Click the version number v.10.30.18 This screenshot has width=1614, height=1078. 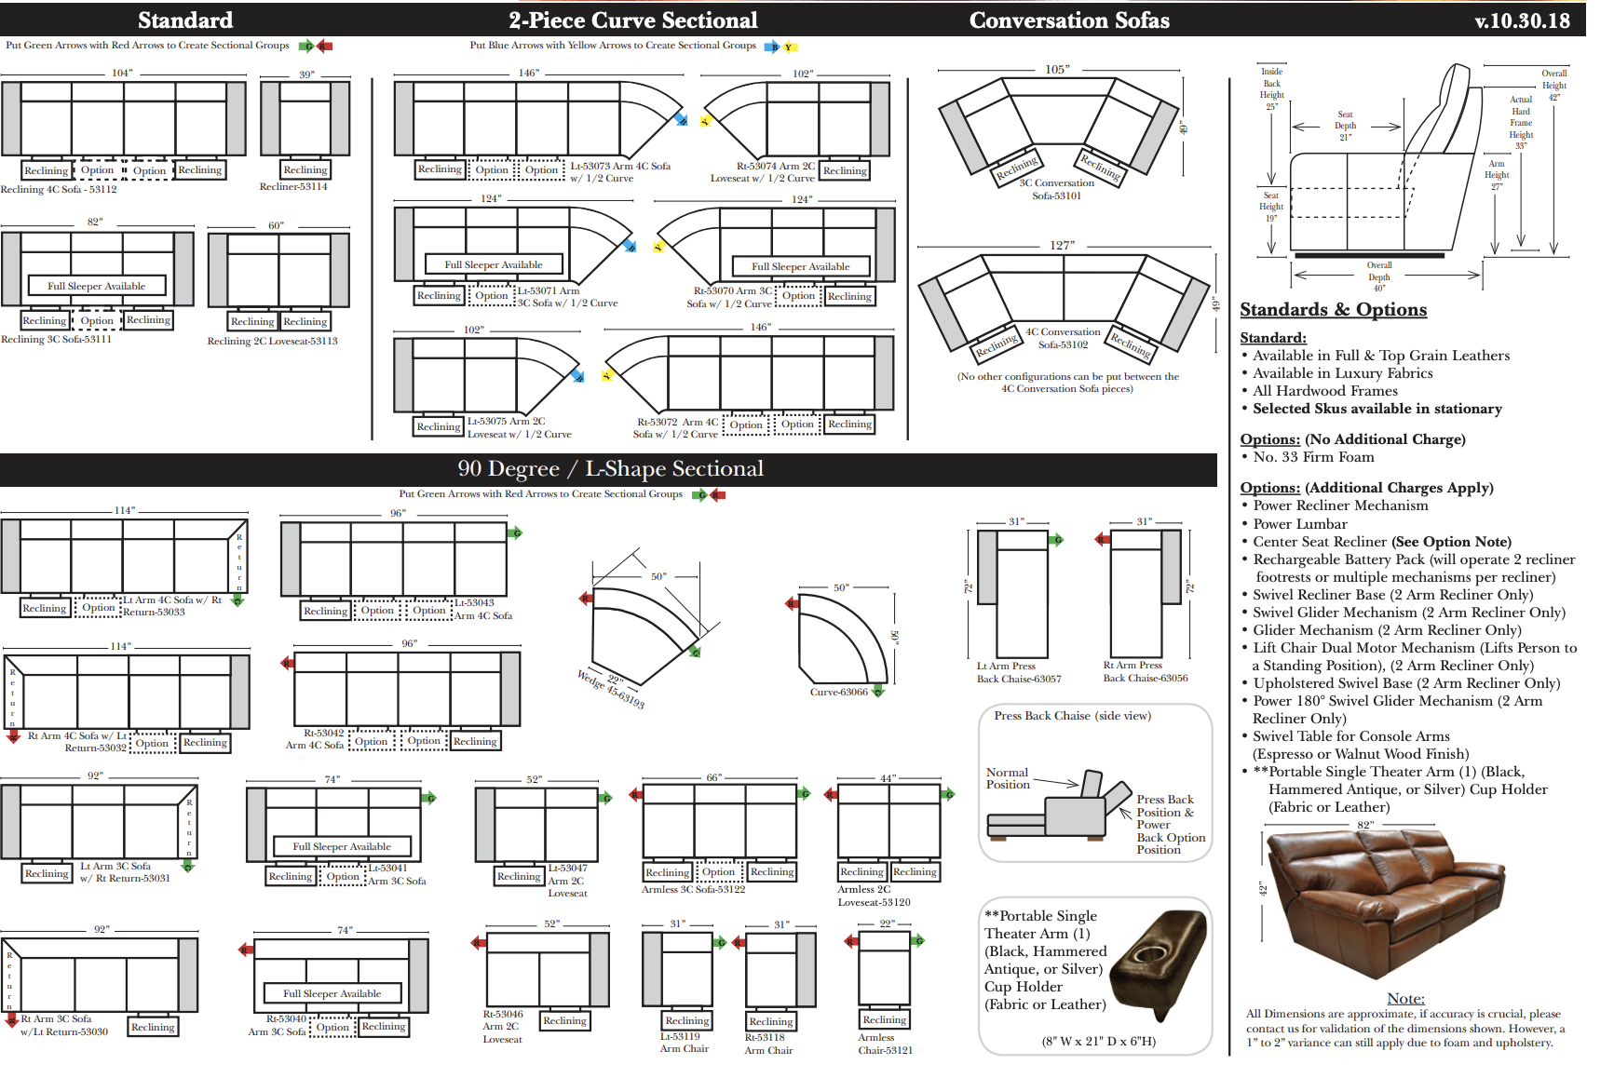click(1522, 20)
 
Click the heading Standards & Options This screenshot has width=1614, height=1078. click(1333, 310)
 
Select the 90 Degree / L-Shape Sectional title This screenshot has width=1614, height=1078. click(610, 469)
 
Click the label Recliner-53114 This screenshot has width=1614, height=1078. click(293, 186)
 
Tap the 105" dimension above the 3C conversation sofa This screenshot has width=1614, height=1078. click(1057, 70)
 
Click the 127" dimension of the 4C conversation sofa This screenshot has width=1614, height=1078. click(1062, 246)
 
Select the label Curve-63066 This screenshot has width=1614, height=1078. click(838, 692)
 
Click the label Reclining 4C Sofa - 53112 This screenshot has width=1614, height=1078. click(59, 189)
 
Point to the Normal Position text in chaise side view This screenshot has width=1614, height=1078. click(1008, 778)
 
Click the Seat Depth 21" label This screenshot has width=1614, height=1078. click(1345, 126)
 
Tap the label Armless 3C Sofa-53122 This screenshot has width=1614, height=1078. click(693, 889)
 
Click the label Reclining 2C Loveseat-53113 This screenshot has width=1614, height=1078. click(272, 341)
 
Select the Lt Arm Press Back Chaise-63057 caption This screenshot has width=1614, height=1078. click(1019, 672)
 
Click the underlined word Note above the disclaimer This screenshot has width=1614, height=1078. click(1405, 999)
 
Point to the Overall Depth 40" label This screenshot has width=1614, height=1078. click(1379, 276)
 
